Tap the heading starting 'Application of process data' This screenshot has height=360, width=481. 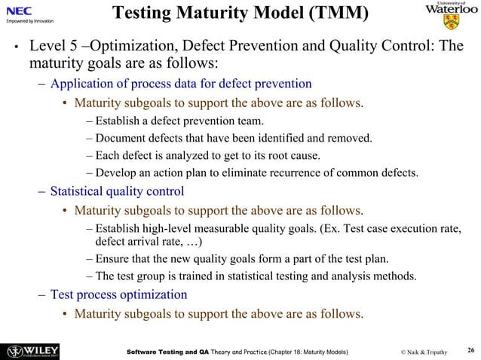point(181,83)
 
